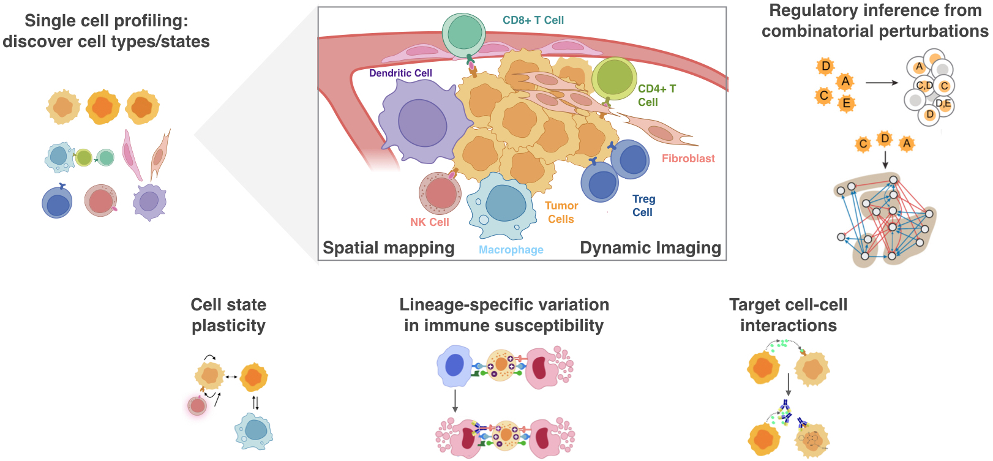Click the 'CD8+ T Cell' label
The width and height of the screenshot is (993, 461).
533,20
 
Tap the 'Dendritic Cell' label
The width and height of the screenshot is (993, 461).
400,73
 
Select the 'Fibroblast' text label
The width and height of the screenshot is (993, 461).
688,159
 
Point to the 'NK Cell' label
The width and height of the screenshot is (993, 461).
429,222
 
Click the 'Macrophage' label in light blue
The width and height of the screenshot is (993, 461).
511,250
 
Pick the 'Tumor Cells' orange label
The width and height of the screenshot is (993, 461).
561,212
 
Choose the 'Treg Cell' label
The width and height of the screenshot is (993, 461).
643,206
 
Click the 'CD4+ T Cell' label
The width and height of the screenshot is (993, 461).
656,96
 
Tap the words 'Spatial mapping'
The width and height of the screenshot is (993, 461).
388,248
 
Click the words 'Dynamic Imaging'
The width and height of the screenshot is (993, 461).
650,248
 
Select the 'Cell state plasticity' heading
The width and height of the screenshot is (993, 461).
228,315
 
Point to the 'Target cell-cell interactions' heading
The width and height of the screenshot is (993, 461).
788,315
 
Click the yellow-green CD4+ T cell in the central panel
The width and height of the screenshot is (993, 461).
614,78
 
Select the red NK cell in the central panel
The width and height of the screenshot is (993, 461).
440,193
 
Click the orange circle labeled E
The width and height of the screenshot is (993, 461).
846,103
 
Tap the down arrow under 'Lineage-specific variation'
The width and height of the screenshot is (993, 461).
455,401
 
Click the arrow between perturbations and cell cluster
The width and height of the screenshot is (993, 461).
881,83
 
